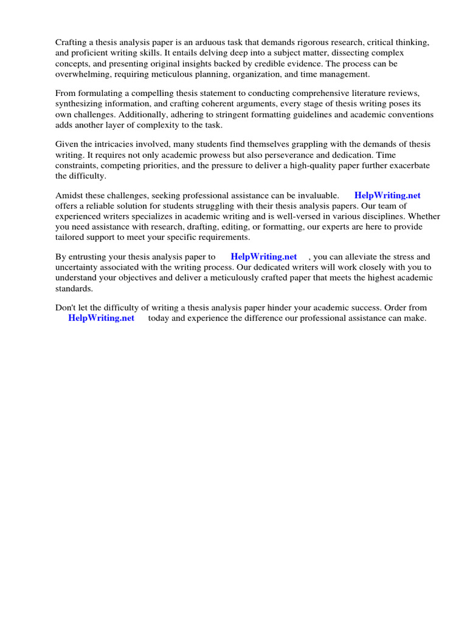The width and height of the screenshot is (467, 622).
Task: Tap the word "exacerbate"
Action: click(x=407, y=165)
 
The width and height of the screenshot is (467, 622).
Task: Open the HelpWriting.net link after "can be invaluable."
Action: click(x=387, y=196)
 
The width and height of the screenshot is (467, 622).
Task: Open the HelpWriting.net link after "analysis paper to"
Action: click(x=264, y=257)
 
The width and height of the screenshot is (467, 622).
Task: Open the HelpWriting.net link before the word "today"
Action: click(x=101, y=318)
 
